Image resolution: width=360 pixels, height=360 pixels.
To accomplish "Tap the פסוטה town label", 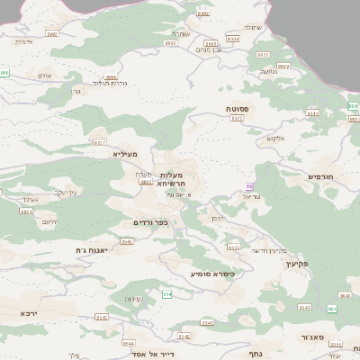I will (x=238, y=107).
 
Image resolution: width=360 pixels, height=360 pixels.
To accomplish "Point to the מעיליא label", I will (x=124, y=155).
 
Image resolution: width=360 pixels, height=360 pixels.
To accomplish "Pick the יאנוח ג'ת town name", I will (x=93, y=250).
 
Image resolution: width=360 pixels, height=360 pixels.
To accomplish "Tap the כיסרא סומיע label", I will (x=211, y=274).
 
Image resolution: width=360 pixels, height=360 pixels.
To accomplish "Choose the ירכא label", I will (x=30, y=312).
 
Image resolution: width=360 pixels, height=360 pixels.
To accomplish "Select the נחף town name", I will (x=254, y=354).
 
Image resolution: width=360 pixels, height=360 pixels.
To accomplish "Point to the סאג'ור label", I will (x=313, y=337).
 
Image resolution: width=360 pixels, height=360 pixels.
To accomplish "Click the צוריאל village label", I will (x=252, y=195).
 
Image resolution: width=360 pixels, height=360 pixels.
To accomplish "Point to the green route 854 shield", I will (x=166, y=294).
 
